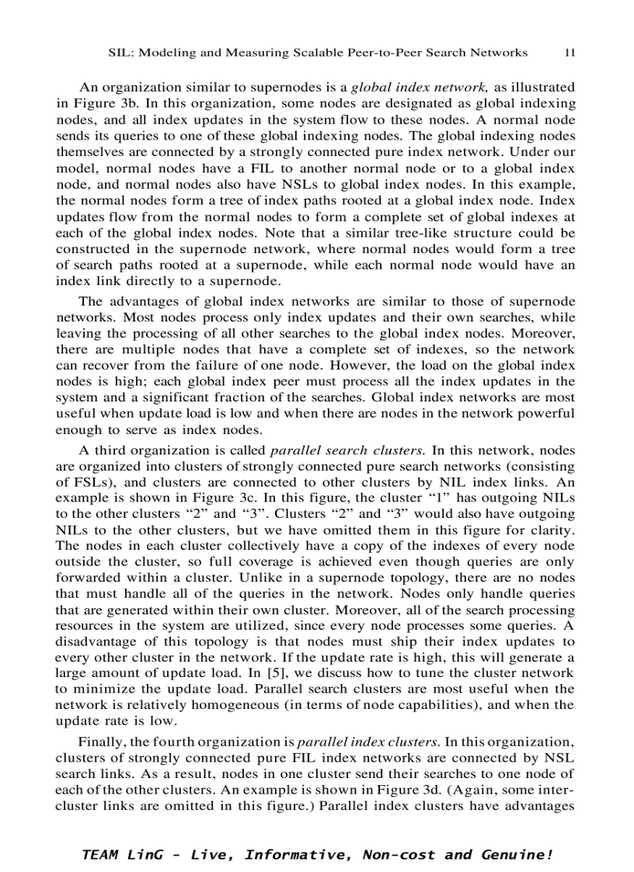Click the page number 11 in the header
tap(570, 53)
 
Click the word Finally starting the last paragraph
tap(100, 742)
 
